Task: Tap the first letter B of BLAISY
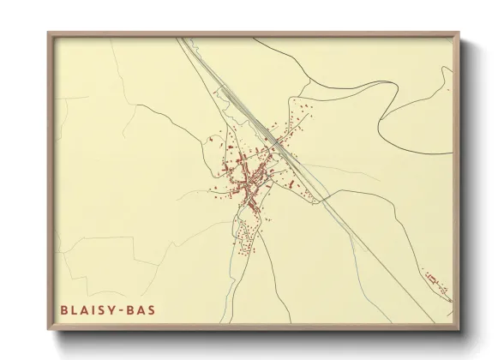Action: tap(64, 309)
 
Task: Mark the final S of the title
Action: tap(152, 309)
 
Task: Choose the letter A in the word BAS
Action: tap(141, 309)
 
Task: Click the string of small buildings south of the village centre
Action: tap(246, 236)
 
